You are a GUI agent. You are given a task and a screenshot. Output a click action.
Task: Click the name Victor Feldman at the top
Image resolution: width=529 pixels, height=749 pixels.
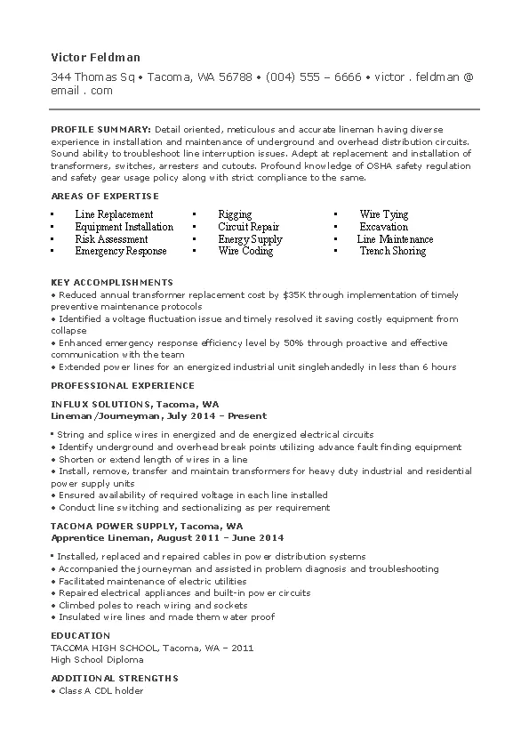point(95,57)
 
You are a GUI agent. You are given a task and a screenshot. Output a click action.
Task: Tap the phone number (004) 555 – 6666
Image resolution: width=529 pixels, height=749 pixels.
point(313,77)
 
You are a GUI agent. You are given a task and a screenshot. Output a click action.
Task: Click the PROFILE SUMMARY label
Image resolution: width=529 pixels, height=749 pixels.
point(100,129)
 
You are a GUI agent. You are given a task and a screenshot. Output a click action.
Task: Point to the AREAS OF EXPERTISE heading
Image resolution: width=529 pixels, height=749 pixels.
point(105,196)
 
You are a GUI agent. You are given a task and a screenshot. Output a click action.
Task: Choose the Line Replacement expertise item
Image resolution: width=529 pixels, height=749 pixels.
point(114,214)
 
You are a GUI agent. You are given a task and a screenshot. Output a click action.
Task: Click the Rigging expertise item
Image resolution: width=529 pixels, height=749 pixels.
point(235,214)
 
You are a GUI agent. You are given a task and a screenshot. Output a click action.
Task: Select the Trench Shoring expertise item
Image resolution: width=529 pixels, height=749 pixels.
point(392,252)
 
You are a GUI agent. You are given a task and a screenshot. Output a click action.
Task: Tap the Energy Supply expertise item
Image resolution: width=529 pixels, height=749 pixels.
point(250,239)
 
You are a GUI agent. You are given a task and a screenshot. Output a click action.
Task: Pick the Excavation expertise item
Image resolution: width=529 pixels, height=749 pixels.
point(383,227)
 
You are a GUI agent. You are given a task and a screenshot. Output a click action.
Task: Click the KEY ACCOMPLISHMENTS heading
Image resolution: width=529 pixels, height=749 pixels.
point(111,282)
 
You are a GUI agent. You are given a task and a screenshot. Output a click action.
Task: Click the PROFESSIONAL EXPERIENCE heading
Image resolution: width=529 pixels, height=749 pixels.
point(122,386)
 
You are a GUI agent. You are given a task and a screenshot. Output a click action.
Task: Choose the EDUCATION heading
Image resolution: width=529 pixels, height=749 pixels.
point(80,636)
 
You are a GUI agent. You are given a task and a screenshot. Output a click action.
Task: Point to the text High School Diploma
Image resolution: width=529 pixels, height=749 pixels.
point(97,660)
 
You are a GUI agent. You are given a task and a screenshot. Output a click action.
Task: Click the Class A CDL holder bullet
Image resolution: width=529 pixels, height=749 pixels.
point(100,690)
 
